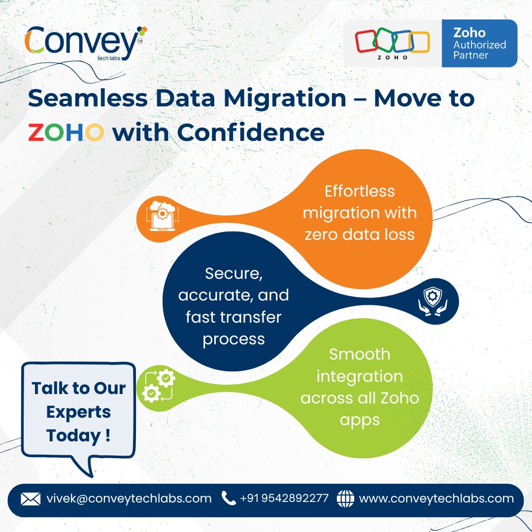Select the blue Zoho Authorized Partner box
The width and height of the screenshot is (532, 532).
pyautogui.click(x=479, y=43)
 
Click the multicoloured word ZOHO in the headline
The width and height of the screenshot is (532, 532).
pyautogui.click(x=66, y=133)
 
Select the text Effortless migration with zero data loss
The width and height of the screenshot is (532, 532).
pyautogui.click(x=360, y=212)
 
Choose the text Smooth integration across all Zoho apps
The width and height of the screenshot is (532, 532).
pyautogui.click(x=360, y=387)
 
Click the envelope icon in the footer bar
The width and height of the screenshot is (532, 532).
pyautogui.click(x=31, y=499)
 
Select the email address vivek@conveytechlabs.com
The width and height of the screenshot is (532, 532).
pyautogui.click(x=129, y=499)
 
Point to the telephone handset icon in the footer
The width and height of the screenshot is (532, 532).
pyautogui.click(x=229, y=499)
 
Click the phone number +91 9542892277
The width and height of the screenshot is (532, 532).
pyautogui.click(x=284, y=499)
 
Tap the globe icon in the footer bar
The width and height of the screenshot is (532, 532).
pyautogui.click(x=345, y=499)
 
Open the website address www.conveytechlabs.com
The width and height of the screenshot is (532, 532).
pyautogui.click(x=436, y=499)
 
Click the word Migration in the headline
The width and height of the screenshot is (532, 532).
pyautogui.click(x=285, y=99)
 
